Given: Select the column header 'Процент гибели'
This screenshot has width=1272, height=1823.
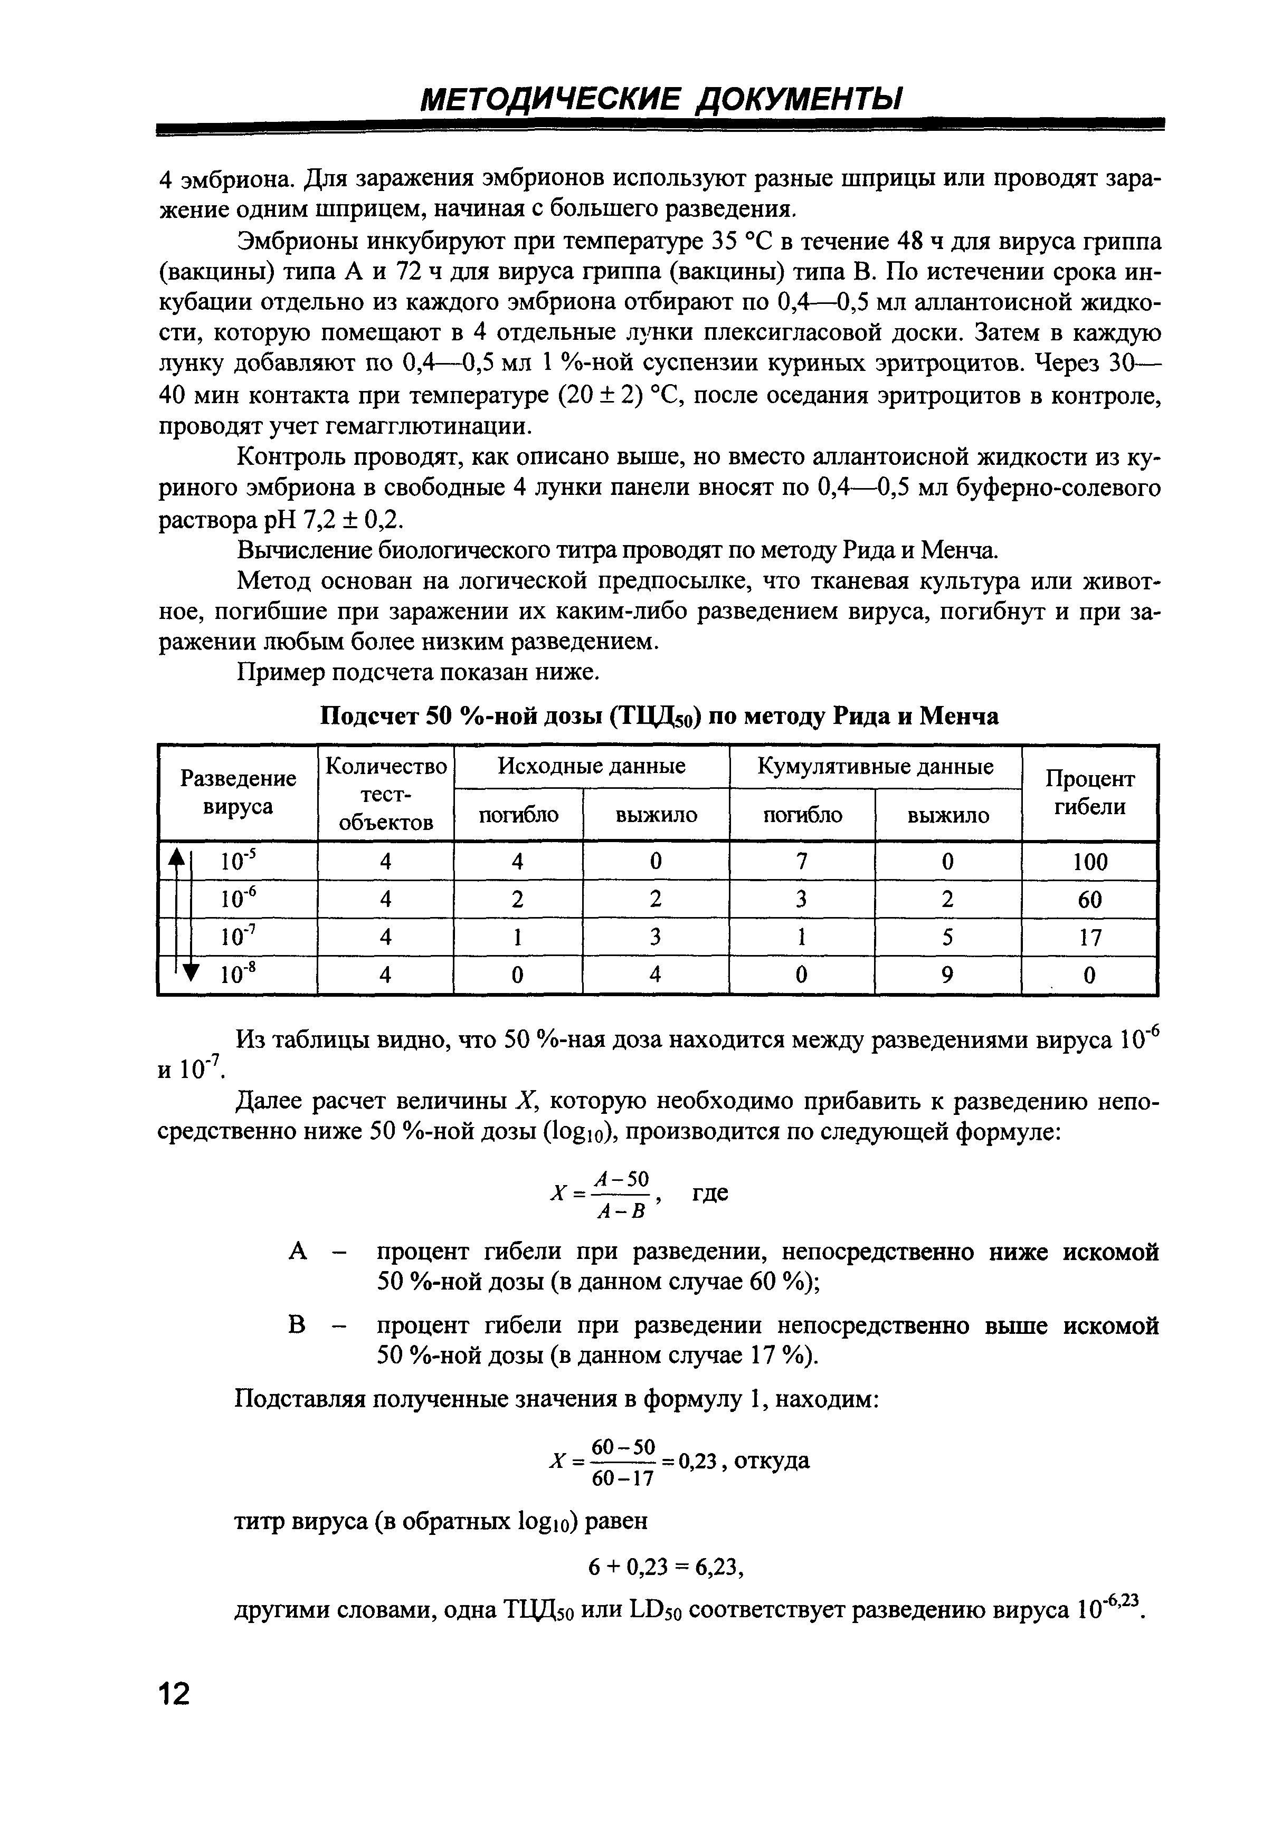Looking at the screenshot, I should tap(1089, 793).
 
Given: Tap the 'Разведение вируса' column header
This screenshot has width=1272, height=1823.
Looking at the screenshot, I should tap(238, 793).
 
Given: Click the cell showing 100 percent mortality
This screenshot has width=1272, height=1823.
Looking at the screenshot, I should tap(1089, 862).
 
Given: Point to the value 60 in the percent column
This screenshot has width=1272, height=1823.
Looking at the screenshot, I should tap(1089, 900).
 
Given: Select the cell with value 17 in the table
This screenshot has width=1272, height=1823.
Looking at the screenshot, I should tap(1089, 938).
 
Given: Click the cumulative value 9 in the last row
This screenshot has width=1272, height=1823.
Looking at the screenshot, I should tap(947, 975).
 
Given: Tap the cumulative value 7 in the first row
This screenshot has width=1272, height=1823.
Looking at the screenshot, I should tap(802, 862).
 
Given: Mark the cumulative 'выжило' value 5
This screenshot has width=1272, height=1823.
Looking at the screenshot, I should tap(947, 938).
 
